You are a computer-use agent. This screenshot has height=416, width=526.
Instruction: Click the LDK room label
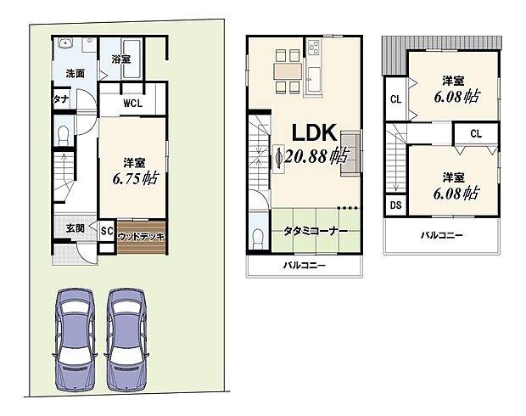tap(315, 132)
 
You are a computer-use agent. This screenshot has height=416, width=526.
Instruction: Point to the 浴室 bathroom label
tap(120, 59)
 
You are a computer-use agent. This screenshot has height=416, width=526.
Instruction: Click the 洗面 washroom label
tap(76, 74)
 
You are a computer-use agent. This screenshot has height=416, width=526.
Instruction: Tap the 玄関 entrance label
tap(74, 228)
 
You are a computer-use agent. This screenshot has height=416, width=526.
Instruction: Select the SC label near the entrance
tap(107, 230)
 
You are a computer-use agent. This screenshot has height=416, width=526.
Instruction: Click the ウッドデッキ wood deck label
tap(141, 236)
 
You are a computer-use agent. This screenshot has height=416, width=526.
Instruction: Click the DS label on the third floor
tap(396, 205)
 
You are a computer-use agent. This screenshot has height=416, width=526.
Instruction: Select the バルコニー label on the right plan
tap(441, 235)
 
